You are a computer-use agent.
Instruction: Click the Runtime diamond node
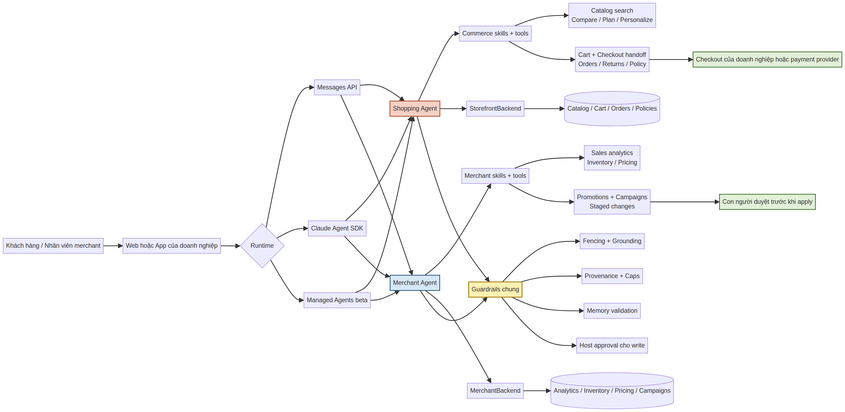tap(262, 246)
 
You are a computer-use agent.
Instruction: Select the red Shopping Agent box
tap(415, 109)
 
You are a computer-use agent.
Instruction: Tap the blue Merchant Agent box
tap(415, 283)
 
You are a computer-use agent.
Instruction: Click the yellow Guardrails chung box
tap(495, 289)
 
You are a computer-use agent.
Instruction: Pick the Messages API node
tap(337, 87)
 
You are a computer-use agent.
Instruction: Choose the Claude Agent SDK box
tap(337, 228)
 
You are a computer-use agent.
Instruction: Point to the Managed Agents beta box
tap(337, 300)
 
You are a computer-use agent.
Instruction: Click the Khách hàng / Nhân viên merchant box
tap(53, 246)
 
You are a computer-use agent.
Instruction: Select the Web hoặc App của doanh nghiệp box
tap(171, 246)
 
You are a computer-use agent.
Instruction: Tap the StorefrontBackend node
tap(495, 109)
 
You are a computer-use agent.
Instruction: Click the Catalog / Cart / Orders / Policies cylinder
tap(612, 109)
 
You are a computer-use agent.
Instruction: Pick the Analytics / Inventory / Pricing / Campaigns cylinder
tap(612, 391)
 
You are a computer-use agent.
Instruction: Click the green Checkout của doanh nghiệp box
tap(767, 59)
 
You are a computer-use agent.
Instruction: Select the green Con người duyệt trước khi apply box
tap(767, 202)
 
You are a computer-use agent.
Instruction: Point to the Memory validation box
tap(612, 311)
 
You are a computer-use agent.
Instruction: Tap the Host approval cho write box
tap(612, 345)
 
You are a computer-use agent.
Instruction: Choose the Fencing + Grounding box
tap(612, 241)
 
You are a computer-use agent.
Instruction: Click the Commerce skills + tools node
tap(495, 34)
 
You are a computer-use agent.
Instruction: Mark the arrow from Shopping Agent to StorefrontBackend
tap(453, 109)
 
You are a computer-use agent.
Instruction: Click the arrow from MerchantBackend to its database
tap(537, 391)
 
